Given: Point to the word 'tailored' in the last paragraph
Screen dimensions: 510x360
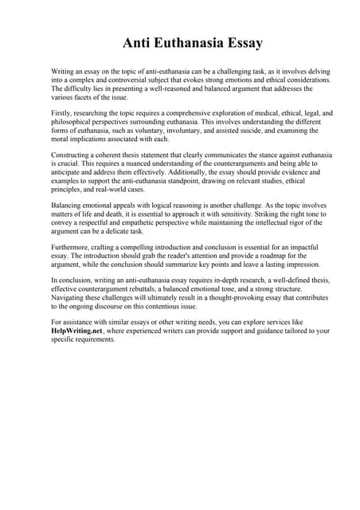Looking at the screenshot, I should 284,331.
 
